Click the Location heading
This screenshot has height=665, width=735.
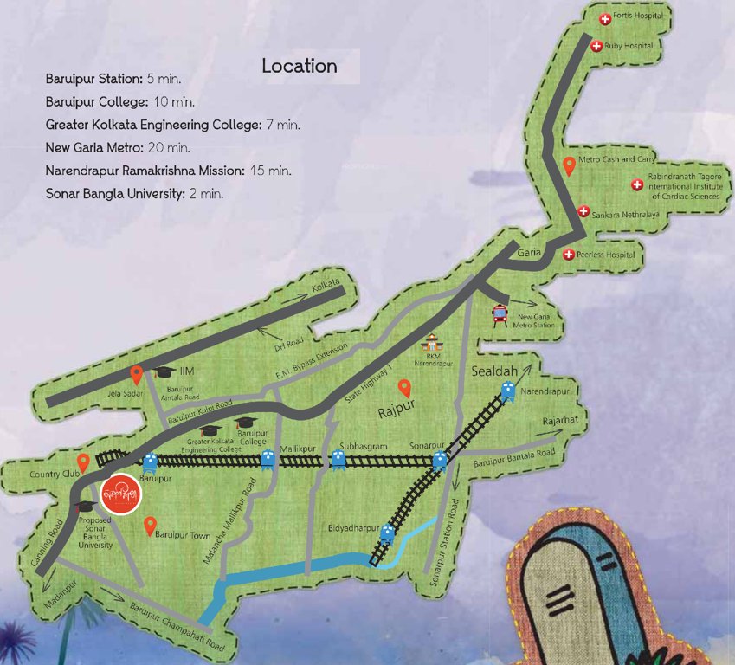coord(300,67)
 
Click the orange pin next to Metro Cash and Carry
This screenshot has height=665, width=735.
coord(569,165)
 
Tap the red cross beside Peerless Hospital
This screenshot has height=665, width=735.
coord(569,255)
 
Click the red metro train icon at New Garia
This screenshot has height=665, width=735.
coord(500,315)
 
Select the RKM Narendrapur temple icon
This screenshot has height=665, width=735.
coord(430,343)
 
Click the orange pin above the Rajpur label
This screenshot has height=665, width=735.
coord(403,388)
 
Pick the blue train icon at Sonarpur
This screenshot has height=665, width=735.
coord(439,460)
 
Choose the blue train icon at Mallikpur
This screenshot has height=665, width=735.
coord(268,460)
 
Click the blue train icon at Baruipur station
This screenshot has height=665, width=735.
coord(150,462)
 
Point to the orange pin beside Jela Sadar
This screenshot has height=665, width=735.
coord(136,374)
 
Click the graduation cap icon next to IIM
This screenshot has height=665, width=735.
coord(164,371)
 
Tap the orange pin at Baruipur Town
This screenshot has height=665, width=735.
coord(150,525)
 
